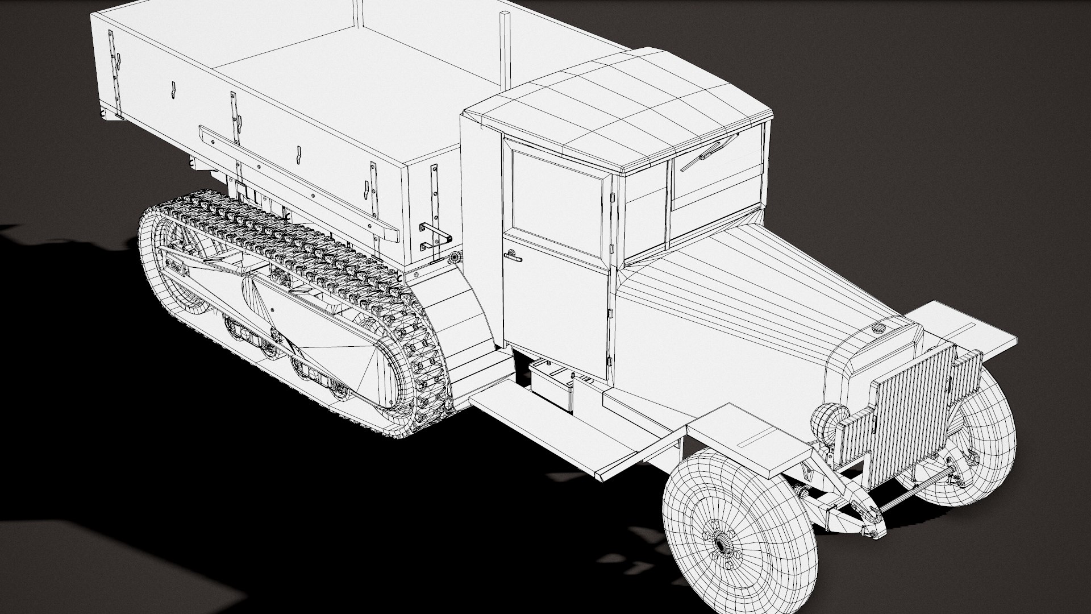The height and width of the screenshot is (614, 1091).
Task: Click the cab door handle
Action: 513,257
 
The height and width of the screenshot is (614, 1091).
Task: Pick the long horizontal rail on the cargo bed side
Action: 295,176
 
